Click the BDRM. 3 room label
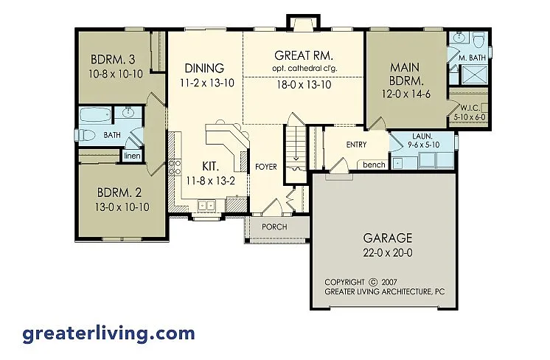pos(114,60)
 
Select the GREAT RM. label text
pos(304,55)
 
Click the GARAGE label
pos(388,238)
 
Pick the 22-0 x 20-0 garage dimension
pos(388,252)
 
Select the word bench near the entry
pos(374,165)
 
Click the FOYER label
pos(265,167)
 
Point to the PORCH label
pos(274,227)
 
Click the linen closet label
pos(132,156)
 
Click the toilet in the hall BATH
pos(87,134)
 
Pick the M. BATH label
pos(470,58)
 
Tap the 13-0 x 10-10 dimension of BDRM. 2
pos(123,207)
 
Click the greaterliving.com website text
pos(108,333)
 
